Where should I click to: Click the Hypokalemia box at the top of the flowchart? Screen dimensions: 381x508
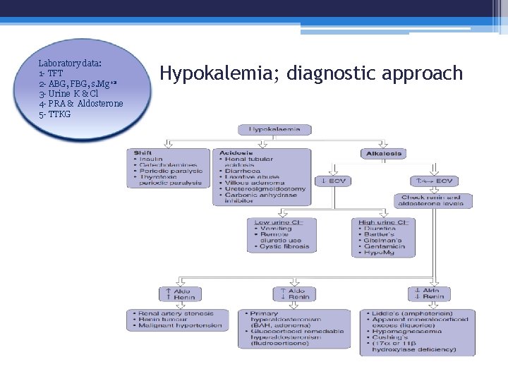coord(274,130)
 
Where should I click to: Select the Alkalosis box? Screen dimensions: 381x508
coord(383,153)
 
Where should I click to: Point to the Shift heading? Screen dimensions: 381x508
coord(143,152)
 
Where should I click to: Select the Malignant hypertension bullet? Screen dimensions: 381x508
coord(179,326)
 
